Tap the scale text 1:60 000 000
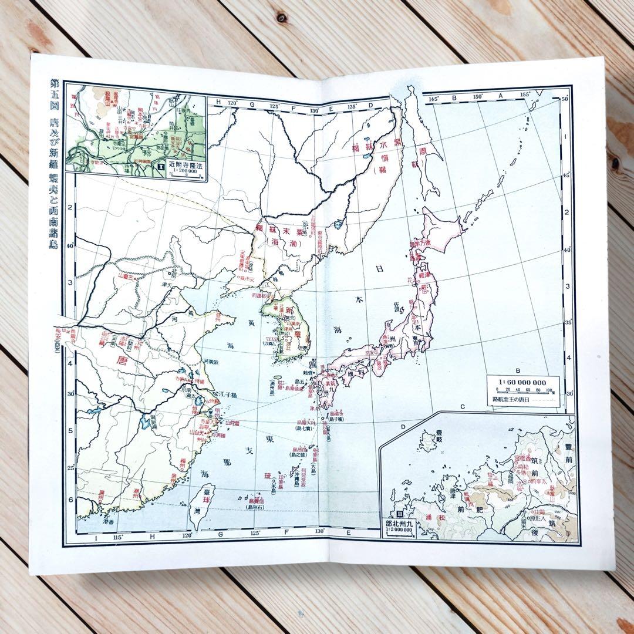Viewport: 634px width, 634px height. pyautogui.click(x=522, y=381)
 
